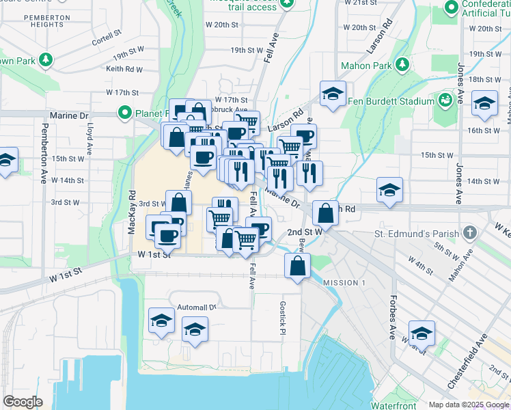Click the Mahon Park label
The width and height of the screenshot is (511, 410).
click(x=366, y=66)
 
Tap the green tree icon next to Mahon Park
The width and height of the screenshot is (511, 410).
click(x=402, y=65)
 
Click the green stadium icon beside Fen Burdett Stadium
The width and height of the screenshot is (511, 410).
click(x=445, y=100)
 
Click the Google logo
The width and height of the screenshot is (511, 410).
click(x=23, y=402)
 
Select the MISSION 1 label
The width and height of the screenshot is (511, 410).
click(x=344, y=283)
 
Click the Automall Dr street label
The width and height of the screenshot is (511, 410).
click(x=196, y=307)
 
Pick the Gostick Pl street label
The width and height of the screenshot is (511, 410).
click(x=281, y=318)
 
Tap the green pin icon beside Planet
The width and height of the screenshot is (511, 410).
click(x=125, y=111)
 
